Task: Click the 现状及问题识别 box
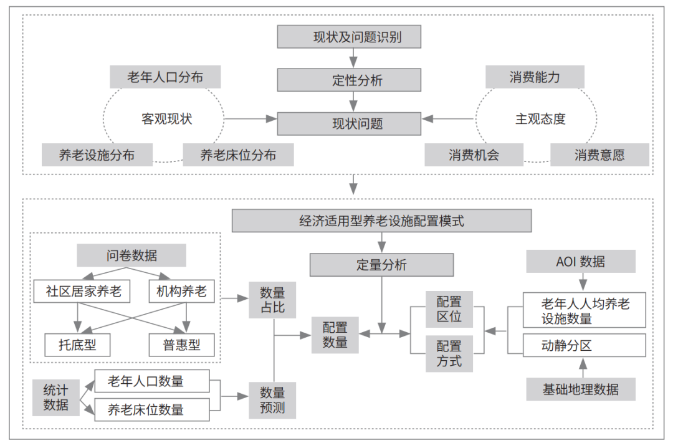pos(349,37)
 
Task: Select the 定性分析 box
pos(349,80)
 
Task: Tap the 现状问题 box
pos(349,123)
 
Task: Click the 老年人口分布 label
pos(165,77)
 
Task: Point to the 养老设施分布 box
pos(97,155)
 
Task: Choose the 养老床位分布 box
pos(238,155)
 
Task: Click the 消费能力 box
pos(535,77)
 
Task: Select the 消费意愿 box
pos(599,155)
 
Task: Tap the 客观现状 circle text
pos(166,119)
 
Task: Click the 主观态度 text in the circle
pos(540,119)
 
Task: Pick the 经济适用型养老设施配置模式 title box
pos(381,221)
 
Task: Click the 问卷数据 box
pos(131,255)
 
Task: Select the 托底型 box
pos(77,345)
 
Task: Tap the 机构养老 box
pos(181,292)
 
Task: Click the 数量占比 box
pos(272,300)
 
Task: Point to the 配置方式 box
pos(449,353)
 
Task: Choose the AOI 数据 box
pos(581,261)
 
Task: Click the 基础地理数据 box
pos(581,389)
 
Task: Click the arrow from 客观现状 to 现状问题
pos(251,119)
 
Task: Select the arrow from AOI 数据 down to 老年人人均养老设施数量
pos(583,282)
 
